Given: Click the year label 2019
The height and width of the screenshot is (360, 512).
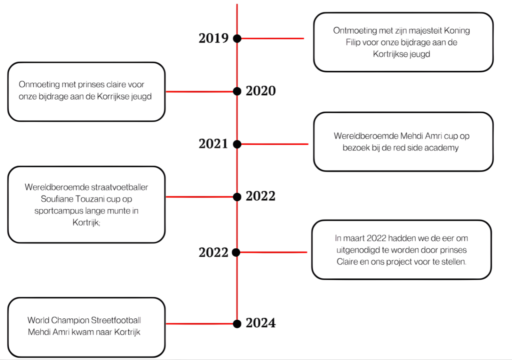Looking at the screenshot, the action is [214, 38].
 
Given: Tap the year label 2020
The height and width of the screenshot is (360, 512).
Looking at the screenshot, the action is [261, 91].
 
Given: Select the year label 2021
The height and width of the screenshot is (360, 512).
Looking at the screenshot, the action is [214, 144].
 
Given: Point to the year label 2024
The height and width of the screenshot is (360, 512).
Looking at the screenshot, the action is [261, 323].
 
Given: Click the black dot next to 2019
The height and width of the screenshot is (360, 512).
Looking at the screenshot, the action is [237, 38].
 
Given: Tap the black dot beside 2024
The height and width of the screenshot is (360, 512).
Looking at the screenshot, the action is [237, 323].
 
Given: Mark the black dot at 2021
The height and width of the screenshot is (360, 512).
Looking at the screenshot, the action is [237, 144].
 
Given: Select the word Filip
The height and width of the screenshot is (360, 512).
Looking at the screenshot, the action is [354, 42].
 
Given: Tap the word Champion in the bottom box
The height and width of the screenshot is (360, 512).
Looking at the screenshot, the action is [69, 320].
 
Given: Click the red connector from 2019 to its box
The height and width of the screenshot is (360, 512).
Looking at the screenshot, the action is [272, 38].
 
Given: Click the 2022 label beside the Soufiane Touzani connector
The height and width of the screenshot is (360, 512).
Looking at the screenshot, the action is [261, 197].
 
